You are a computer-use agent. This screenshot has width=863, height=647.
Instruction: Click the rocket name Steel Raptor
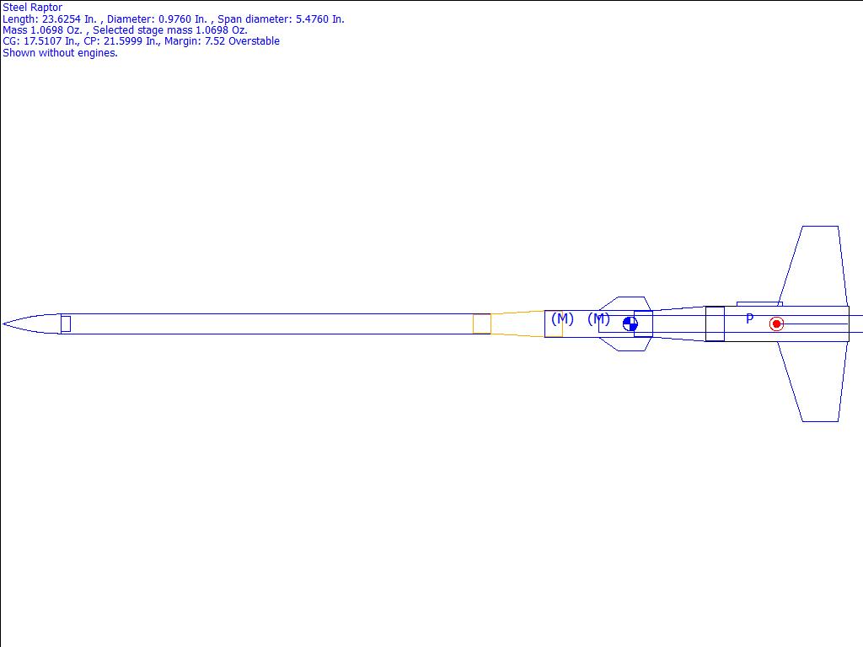(33, 8)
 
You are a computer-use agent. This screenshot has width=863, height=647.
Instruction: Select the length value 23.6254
(61, 19)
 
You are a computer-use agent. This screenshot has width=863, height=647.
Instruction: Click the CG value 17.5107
(43, 41)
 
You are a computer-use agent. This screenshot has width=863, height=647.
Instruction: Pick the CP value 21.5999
(121, 41)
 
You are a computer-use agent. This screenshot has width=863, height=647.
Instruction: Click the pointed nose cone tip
(3, 324)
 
